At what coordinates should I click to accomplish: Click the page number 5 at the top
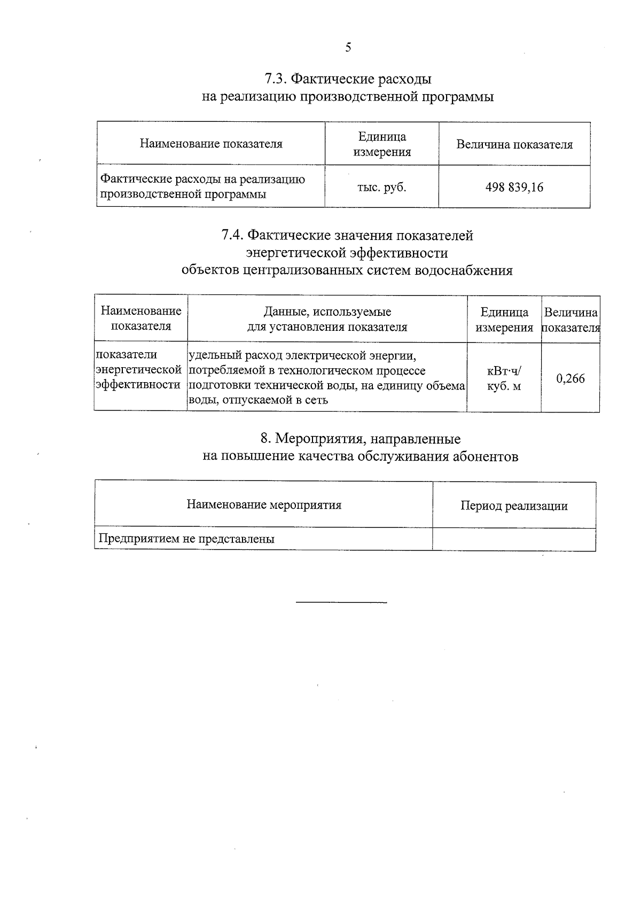(x=348, y=48)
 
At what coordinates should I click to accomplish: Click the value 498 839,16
(x=514, y=187)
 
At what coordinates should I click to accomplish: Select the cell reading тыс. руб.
(x=381, y=187)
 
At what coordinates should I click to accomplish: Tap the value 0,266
(x=570, y=378)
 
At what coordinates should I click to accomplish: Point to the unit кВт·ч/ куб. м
(x=504, y=378)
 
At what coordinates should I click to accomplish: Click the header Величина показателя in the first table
(x=514, y=144)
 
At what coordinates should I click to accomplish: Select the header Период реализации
(x=514, y=506)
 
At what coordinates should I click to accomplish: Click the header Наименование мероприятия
(x=264, y=505)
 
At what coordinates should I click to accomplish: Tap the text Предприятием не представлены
(x=186, y=539)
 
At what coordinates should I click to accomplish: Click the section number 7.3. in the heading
(x=276, y=79)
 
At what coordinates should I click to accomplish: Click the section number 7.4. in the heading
(x=233, y=235)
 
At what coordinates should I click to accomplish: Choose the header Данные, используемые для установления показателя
(x=327, y=319)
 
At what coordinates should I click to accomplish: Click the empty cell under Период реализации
(x=514, y=539)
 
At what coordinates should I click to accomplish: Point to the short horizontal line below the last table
(x=341, y=603)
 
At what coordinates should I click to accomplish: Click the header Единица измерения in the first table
(x=381, y=144)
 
